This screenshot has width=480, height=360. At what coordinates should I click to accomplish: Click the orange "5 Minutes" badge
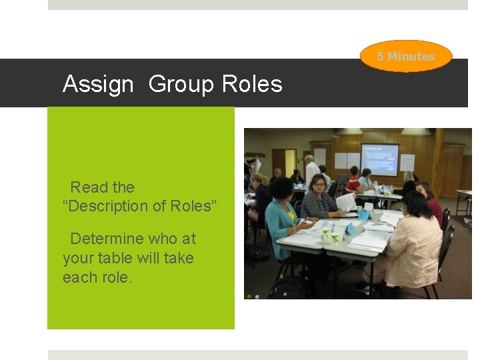pos(406,57)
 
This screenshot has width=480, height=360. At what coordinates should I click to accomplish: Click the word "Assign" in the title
pos(98,85)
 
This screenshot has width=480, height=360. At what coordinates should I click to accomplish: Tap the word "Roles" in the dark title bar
pos(252,85)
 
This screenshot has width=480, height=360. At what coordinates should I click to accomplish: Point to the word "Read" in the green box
pos(86,187)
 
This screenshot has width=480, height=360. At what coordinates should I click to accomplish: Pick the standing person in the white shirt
pos(311,170)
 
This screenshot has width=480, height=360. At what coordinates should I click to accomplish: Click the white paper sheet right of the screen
pos(407,163)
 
